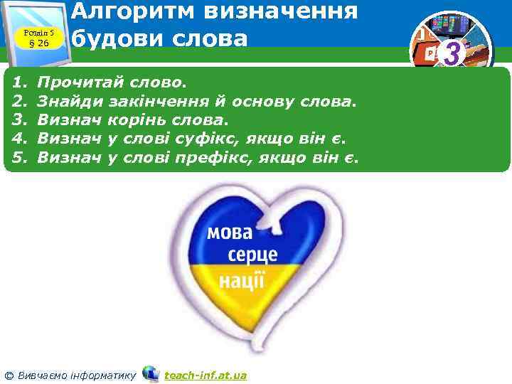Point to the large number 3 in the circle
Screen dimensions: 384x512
[451, 53]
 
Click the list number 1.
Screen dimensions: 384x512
[19, 84]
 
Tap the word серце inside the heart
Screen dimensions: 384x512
[253, 255]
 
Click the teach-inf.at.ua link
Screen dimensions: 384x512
[206, 375]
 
